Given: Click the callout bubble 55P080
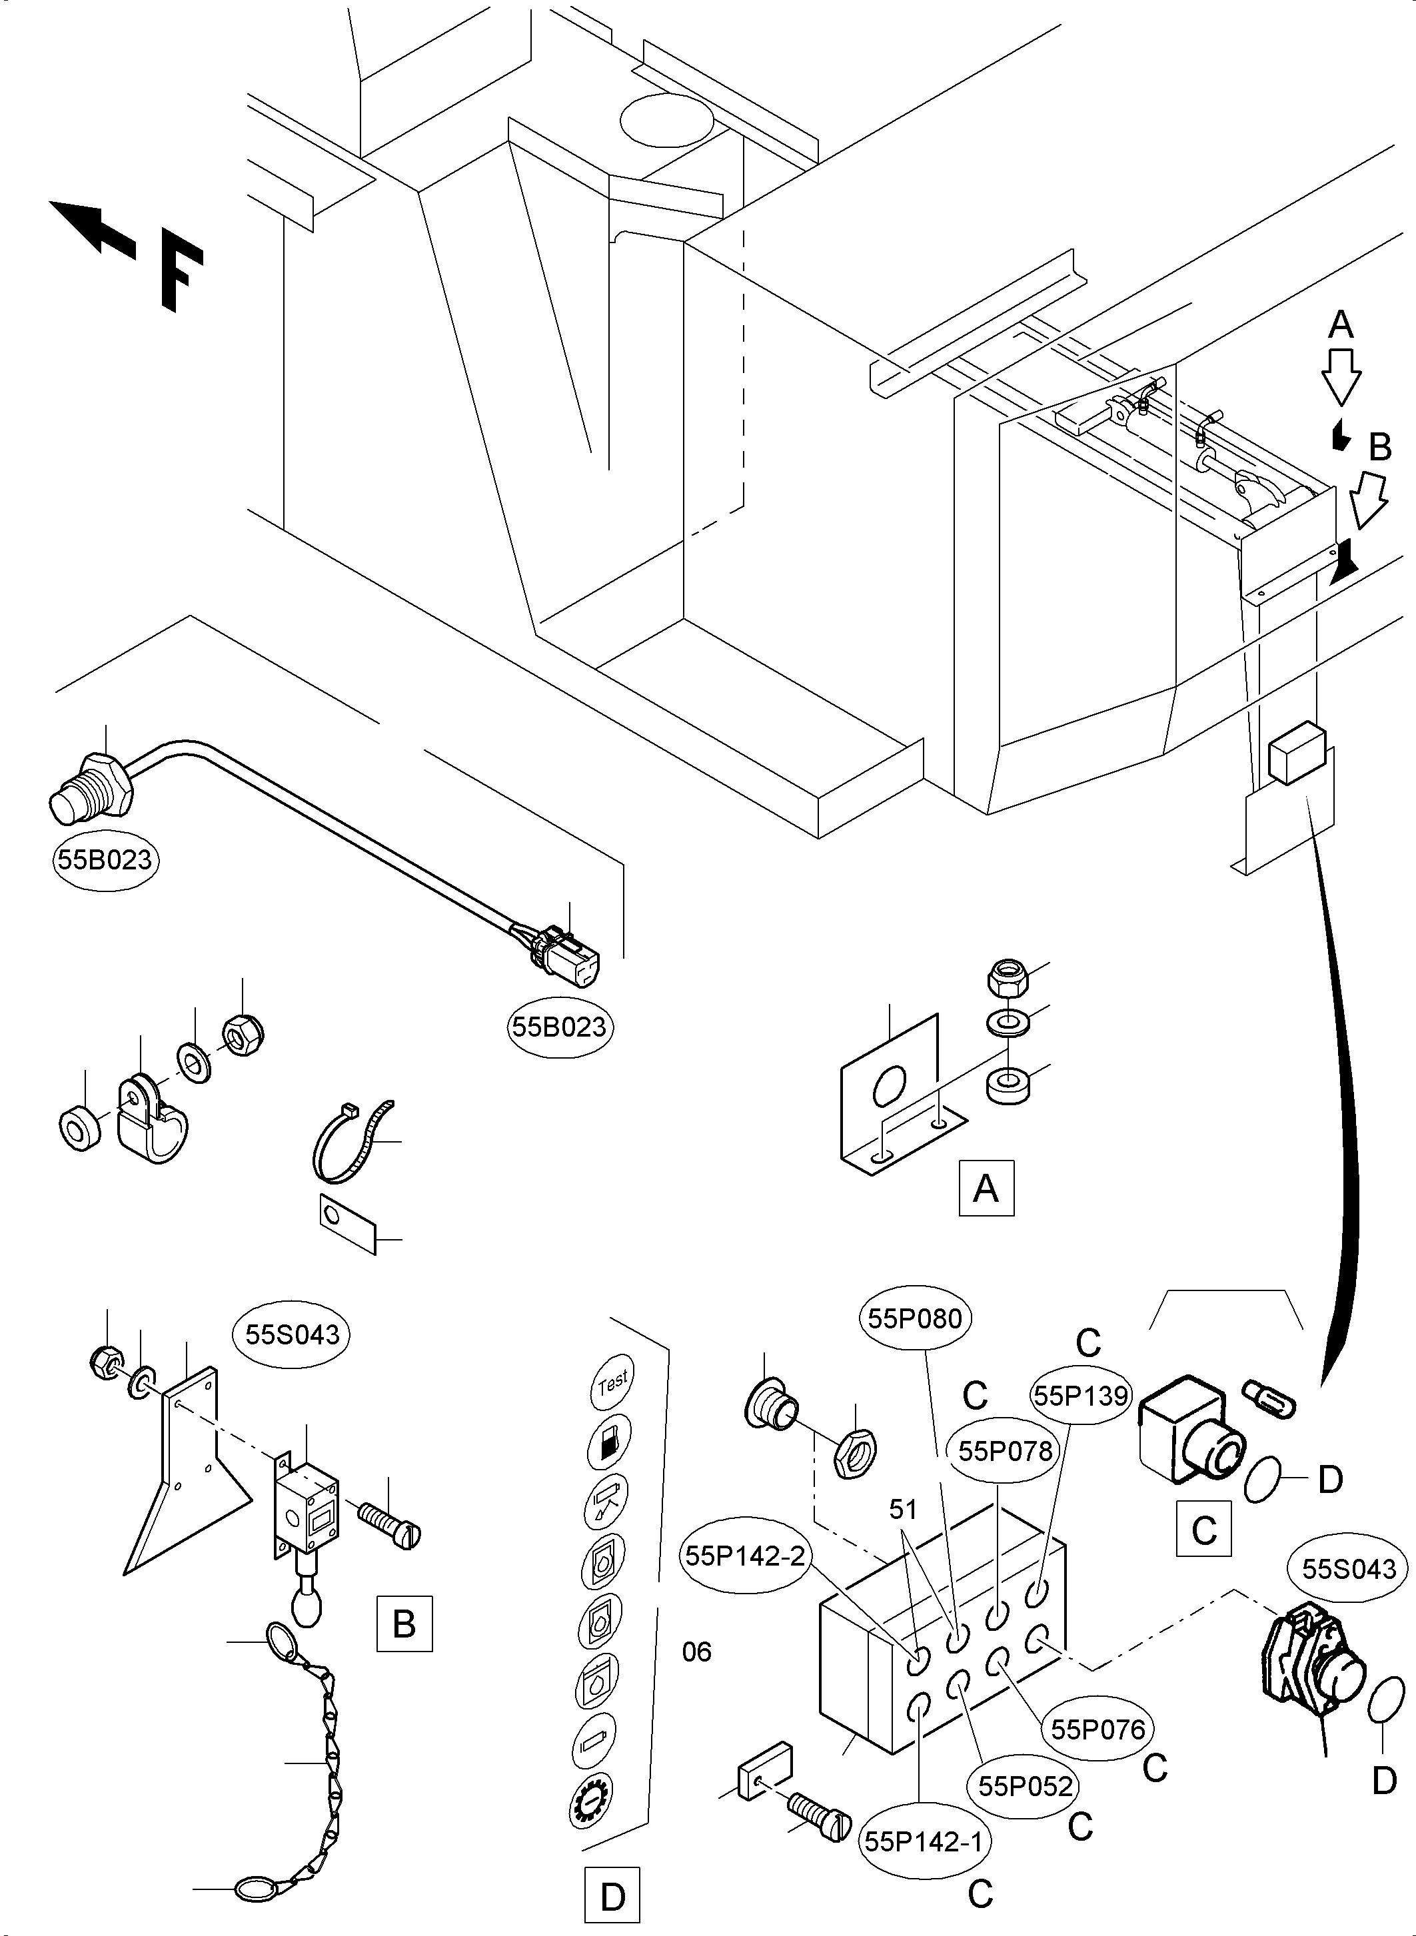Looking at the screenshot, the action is pyautogui.click(x=915, y=1318).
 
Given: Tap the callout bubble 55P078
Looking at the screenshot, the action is pyautogui.click(x=1005, y=1451).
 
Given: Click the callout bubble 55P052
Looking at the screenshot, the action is pyautogui.click(x=1025, y=1786).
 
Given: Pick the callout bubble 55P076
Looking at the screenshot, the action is pyautogui.click(x=1098, y=1729).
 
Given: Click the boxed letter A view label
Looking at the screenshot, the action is pyautogui.click(x=986, y=1189).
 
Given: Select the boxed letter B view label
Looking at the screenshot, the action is pyautogui.click(x=404, y=1624).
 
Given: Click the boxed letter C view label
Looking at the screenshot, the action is pyautogui.click(x=1204, y=1528).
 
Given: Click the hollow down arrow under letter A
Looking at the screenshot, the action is pyautogui.click(x=1341, y=374).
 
